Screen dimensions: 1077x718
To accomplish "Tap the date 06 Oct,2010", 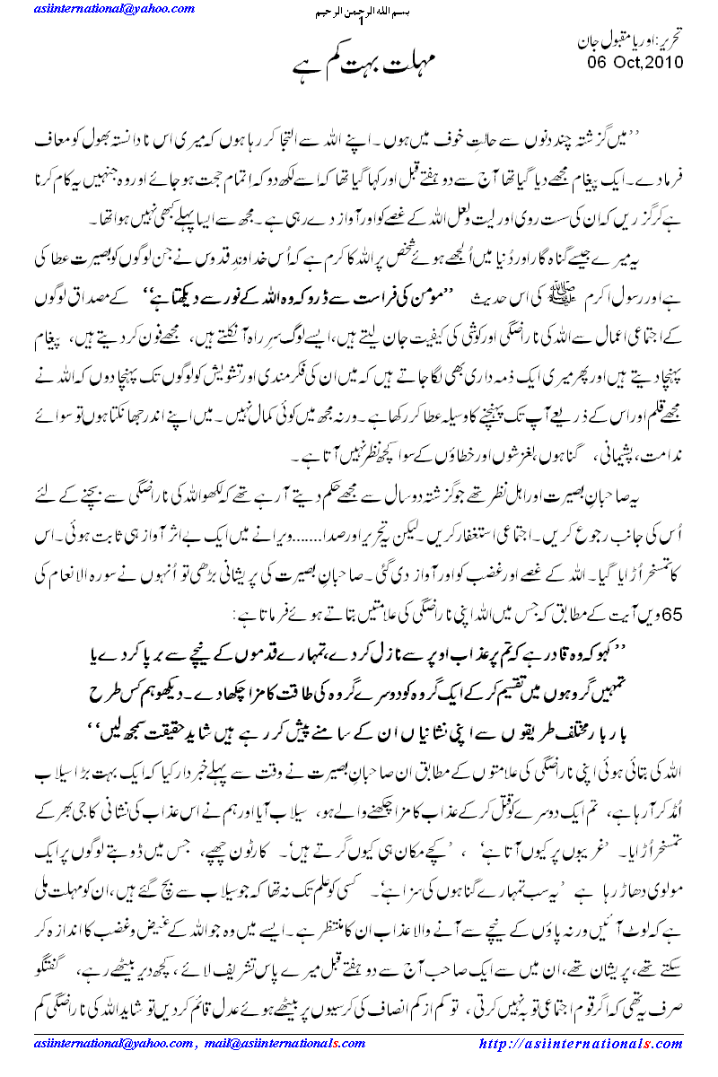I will [635, 62].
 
